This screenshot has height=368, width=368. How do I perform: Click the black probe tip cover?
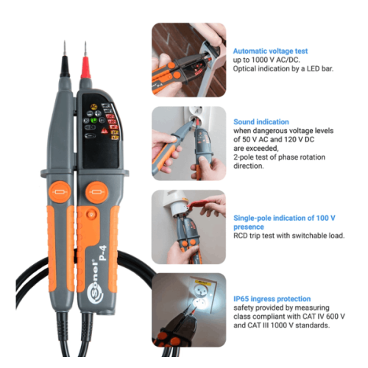click(65, 66)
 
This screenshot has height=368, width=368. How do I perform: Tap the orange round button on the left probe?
click(60, 192)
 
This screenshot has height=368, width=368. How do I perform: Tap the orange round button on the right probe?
click(96, 192)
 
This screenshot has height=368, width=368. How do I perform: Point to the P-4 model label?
click(103, 252)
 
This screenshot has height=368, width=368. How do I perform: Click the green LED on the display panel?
click(93, 121)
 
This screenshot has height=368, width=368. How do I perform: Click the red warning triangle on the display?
click(105, 130)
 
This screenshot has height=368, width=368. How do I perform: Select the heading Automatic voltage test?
click(270, 51)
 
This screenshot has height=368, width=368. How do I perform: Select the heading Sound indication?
click(261, 122)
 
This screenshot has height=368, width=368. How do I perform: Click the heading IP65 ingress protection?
click(272, 299)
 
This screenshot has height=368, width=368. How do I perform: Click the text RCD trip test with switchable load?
click(289, 236)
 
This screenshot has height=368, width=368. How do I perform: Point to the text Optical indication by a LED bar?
click(283, 68)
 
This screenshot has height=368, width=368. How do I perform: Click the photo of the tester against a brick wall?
click(188, 60)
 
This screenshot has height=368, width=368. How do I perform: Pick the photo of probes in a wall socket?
click(188, 144)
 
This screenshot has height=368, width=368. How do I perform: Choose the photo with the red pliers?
click(188, 227)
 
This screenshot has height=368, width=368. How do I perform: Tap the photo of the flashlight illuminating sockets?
click(188, 310)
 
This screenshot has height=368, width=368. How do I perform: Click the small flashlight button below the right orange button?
click(91, 214)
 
